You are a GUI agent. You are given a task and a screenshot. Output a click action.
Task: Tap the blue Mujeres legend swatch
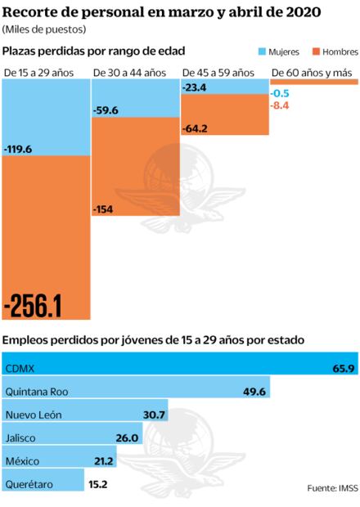click(x=263, y=52)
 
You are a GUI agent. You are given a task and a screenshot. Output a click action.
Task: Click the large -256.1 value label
click(x=34, y=304)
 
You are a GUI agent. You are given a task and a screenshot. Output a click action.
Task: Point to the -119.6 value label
click(x=19, y=150)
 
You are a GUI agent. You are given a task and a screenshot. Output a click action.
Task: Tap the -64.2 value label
click(x=196, y=128)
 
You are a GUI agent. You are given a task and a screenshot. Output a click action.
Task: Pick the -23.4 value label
click(x=196, y=87)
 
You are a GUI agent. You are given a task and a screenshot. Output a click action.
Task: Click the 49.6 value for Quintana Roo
click(x=254, y=392)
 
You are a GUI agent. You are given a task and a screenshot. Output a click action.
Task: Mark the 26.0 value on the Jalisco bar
click(x=127, y=438)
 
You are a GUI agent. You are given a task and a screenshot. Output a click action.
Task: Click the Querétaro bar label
click(x=29, y=485)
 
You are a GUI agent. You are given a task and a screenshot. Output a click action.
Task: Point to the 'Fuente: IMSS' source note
click(x=331, y=488)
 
